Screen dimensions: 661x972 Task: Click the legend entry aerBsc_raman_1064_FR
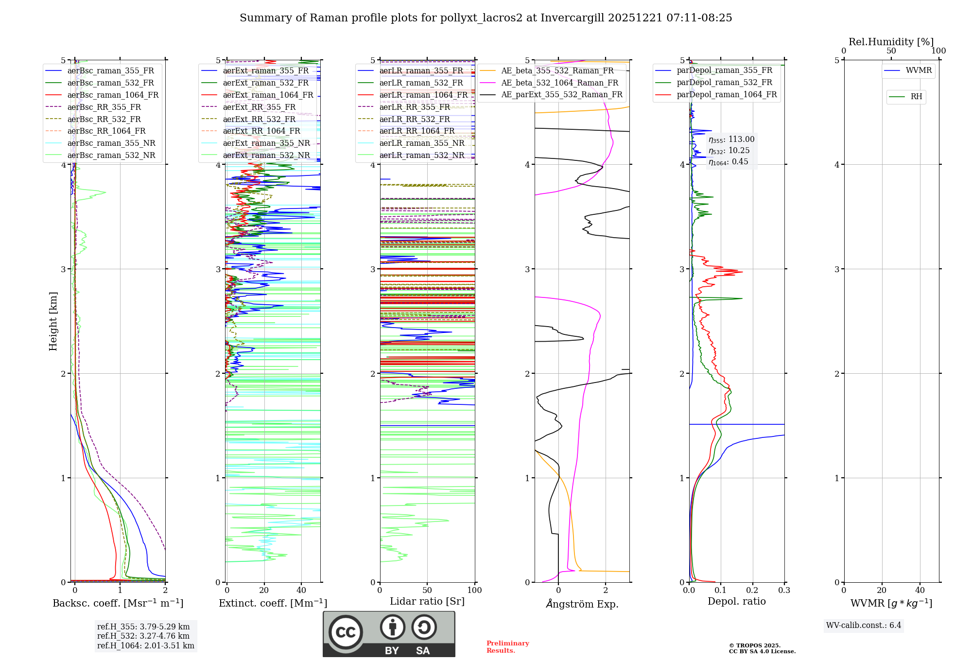pos(113,95)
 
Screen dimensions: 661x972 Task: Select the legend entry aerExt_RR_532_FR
pos(259,119)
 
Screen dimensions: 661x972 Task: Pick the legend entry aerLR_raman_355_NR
pos(422,143)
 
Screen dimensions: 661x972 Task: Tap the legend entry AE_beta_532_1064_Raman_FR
pos(559,83)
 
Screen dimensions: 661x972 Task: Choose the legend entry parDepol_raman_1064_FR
pos(727,94)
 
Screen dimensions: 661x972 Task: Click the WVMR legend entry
pos(918,70)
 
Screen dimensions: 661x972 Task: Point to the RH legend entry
pos(916,97)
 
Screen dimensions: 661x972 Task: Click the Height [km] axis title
pos(53,321)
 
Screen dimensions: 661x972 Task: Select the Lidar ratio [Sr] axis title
pos(427,601)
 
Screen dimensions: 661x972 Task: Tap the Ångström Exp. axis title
pos(582,604)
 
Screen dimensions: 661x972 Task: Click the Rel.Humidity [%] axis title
pos(891,42)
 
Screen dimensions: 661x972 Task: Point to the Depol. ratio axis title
pos(736,601)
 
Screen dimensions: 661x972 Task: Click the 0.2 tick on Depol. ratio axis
pos(752,590)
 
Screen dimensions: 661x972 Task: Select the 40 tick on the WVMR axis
pos(920,590)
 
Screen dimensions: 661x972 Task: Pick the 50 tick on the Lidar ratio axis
pos(427,590)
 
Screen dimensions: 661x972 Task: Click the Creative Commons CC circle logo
pos(346,632)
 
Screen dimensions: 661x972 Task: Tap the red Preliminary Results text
pos(507,646)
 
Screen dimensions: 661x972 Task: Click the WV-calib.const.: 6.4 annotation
pos(863,625)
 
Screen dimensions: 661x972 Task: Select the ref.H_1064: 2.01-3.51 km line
pos(145,645)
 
